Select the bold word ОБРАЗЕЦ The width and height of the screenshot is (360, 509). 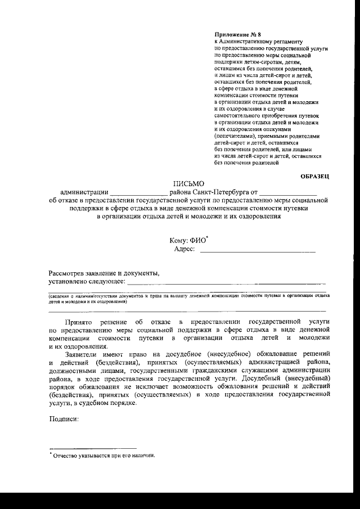point(314,177)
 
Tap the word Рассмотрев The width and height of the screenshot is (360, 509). point(67,273)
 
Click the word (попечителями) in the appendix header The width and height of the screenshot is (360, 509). point(235,136)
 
